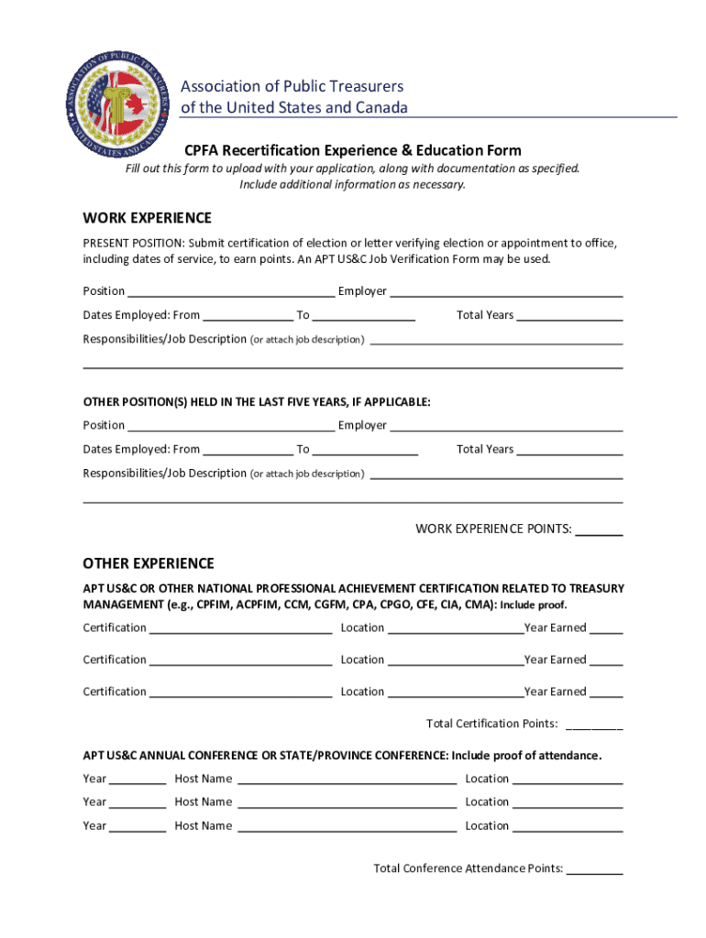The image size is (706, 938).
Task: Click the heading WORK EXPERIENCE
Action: [147, 218]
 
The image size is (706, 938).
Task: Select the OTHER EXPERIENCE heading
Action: [149, 563]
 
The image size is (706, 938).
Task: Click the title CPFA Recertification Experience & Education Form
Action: [352, 150]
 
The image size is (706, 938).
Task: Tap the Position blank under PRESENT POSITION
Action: [231, 292]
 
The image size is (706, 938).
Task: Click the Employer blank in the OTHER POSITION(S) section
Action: [506, 426]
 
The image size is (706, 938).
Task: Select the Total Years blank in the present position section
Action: [569, 316]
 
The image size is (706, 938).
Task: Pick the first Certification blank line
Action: [240, 628]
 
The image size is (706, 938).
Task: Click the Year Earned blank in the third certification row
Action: [606, 693]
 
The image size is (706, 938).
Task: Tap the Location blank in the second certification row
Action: [455, 660]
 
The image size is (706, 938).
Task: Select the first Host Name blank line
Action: [347, 780]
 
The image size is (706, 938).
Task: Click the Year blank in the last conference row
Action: [138, 826]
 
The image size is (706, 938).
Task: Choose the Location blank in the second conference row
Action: [568, 802]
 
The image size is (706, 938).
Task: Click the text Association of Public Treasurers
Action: [292, 86]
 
